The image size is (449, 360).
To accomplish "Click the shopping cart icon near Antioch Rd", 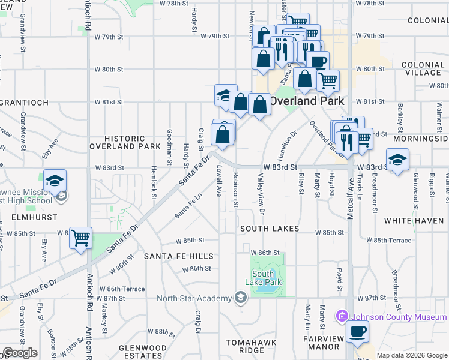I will coord(80,237).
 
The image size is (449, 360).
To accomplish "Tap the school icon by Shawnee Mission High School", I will coord(55,181).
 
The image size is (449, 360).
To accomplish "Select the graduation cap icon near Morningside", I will coord(397,160).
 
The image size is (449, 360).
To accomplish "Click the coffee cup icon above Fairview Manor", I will coord(358,331).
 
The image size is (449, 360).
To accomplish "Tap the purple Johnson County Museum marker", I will coord(342,315).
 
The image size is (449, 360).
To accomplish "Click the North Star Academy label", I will coord(194,298).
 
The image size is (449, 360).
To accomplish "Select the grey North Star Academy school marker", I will coord(241,298).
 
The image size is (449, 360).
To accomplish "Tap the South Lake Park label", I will coord(263,278).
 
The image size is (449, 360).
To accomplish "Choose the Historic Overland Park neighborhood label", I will coord(125,142).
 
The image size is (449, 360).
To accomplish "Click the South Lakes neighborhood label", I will coord(270,229).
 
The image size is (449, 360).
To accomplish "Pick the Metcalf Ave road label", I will coord(351,195).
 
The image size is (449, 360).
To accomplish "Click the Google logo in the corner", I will coord(20,353).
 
